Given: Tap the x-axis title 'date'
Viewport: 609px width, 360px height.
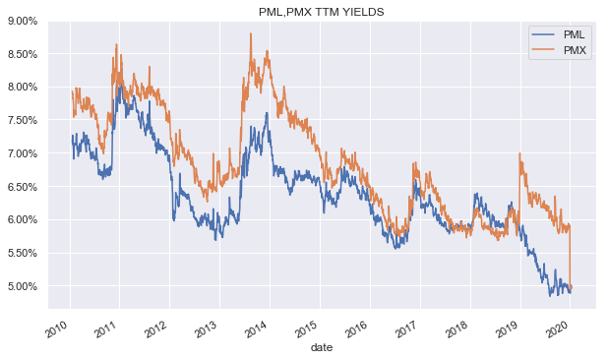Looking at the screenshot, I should (x=321, y=348).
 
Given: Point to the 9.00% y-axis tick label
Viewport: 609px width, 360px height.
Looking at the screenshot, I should (x=20, y=21).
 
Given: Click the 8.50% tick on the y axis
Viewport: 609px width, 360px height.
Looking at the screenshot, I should (x=20, y=54).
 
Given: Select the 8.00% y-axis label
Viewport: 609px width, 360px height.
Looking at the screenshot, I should (x=20, y=88).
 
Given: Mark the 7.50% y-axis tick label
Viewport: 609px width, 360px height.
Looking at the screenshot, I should (x=20, y=121).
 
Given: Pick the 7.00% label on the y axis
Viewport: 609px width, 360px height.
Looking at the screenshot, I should (x=20, y=154).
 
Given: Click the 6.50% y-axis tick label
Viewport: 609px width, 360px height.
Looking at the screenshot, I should (x=20, y=187).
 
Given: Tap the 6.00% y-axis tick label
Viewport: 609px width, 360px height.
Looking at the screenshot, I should (x=20, y=220).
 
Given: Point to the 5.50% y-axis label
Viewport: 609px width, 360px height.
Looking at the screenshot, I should (x=20, y=254).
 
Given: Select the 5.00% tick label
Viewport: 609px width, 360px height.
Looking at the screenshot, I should (x=20, y=287).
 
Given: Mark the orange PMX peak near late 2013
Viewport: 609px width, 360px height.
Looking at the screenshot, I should (x=251, y=34).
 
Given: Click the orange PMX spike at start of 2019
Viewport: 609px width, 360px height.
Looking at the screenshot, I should (x=519, y=153).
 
